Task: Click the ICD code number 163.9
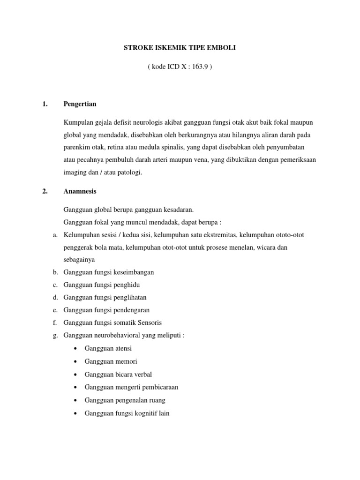pyautogui.click(x=198, y=67)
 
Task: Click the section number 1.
pyautogui.click(x=45, y=104)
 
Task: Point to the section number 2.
pyautogui.click(x=45, y=191)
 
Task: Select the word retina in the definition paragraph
pyautogui.click(x=116, y=147)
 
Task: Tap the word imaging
pyautogui.click(x=75, y=172)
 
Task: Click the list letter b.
pyautogui.click(x=55, y=272)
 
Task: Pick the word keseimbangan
pyautogui.click(x=134, y=272)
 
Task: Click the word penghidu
pyautogui.click(x=127, y=285)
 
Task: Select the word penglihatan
pyautogui.click(x=130, y=298)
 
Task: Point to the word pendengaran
pyautogui.click(x=132, y=310)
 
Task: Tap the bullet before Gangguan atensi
pyautogui.click(x=76, y=349)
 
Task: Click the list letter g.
pyautogui.click(x=55, y=335)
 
